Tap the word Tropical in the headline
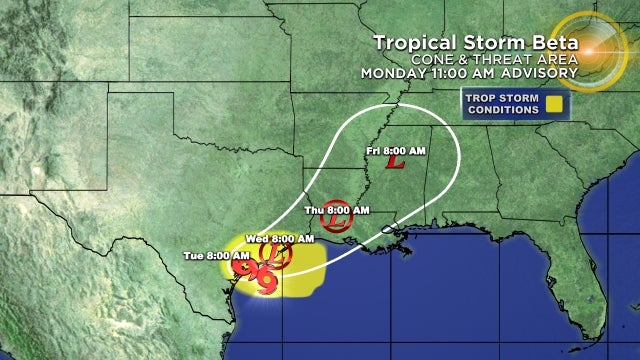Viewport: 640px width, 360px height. tap(412, 42)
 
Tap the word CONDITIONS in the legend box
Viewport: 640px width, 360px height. tap(501, 109)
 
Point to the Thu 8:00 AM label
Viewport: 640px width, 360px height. tap(337, 210)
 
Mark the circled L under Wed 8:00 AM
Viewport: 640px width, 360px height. tap(280, 257)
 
